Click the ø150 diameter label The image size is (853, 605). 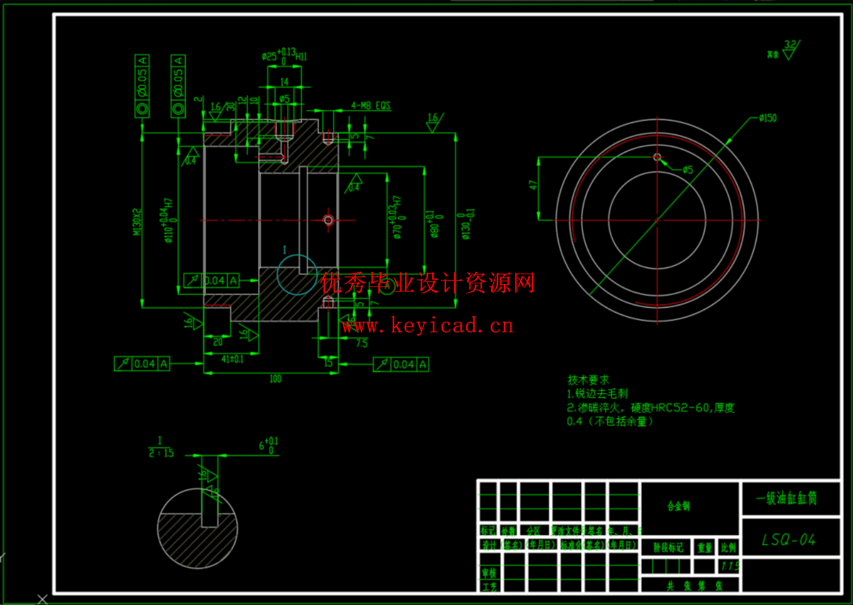(768, 118)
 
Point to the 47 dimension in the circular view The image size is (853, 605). (533, 185)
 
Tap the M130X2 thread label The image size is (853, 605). (137, 221)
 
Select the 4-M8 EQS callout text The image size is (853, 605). (371, 106)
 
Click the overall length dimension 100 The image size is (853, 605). (275, 379)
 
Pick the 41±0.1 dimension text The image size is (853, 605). (232, 359)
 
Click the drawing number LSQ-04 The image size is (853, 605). (789, 539)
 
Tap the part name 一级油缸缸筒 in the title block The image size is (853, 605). (787, 499)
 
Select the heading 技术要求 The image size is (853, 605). (588, 380)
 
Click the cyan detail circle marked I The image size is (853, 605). (297, 275)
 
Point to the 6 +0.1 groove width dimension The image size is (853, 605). (268, 446)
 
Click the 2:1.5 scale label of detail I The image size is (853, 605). (161, 453)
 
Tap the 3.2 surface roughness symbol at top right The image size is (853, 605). (790, 50)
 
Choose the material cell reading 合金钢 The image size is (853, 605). (678, 506)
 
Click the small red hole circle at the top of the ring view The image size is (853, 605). (657, 157)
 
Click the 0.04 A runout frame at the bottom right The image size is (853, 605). (401, 364)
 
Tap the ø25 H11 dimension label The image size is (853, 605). (284, 56)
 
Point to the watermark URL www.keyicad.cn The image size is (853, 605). (428, 326)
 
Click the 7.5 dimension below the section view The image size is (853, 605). (361, 343)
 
